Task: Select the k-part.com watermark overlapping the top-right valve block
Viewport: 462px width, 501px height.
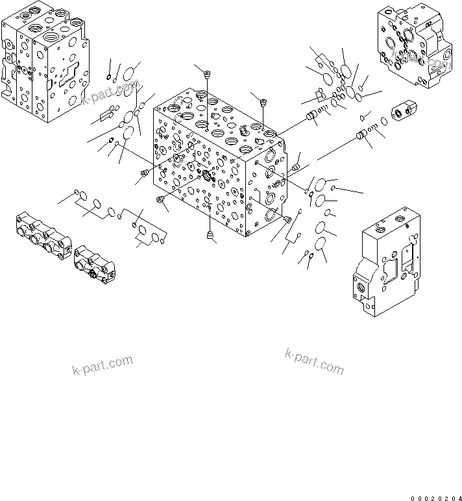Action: [423, 61]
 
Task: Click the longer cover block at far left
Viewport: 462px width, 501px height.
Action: [42, 236]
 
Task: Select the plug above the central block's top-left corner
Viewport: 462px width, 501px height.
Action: [206, 77]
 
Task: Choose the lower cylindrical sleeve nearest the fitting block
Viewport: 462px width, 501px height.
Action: [363, 136]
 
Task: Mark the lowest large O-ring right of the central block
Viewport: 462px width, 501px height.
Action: [319, 244]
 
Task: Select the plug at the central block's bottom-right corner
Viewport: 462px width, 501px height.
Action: [287, 219]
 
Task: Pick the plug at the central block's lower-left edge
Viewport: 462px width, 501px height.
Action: [160, 201]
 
